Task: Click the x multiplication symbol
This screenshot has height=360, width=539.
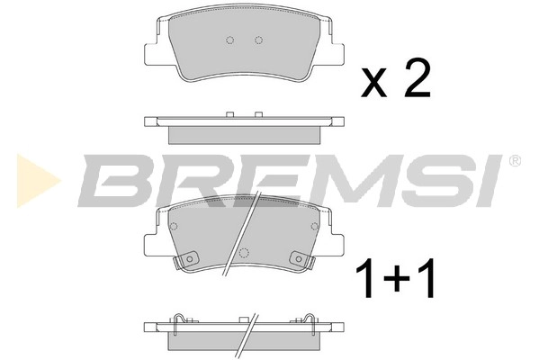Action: [374, 84]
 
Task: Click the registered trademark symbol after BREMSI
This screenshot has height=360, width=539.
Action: [514, 162]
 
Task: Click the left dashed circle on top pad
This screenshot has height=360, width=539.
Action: [229, 40]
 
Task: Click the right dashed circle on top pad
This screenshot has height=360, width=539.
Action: [258, 40]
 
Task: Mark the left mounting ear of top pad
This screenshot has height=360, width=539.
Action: [152, 53]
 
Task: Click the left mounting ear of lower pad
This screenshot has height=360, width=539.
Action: [151, 241]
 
